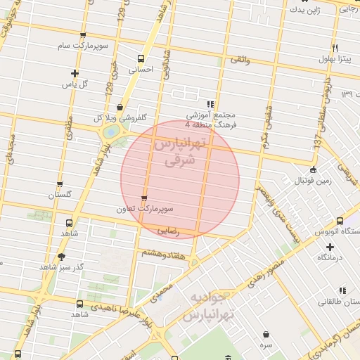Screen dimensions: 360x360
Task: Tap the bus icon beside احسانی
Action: [x=141, y=59]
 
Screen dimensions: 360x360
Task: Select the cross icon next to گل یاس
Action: [x=75, y=73]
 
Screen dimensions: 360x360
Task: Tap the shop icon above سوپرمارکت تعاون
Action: [x=145, y=198]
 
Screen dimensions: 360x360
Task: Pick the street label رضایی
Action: [x=168, y=229]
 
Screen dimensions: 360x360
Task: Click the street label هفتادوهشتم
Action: [x=163, y=253]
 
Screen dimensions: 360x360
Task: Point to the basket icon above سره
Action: [x=266, y=334]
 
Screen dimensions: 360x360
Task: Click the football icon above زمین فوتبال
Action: [x=313, y=169]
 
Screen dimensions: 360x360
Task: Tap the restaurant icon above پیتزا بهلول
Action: [x=336, y=48]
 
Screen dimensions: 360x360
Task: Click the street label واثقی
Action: [x=239, y=60]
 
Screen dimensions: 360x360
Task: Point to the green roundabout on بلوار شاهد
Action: [x=110, y=131]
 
